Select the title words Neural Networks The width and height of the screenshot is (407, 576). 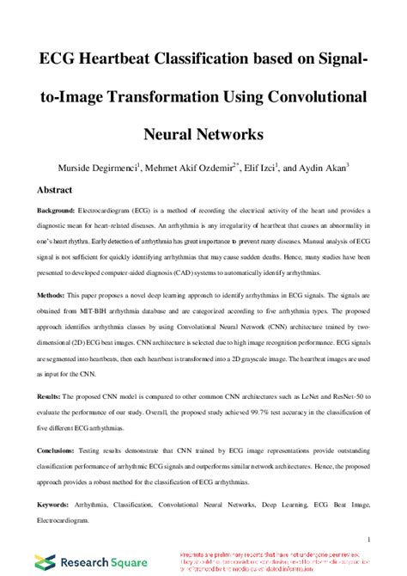point(203,134)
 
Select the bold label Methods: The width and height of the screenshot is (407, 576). point(52,294)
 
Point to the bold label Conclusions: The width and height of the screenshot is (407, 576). point(60,450)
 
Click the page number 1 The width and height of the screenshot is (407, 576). point(367,539)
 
